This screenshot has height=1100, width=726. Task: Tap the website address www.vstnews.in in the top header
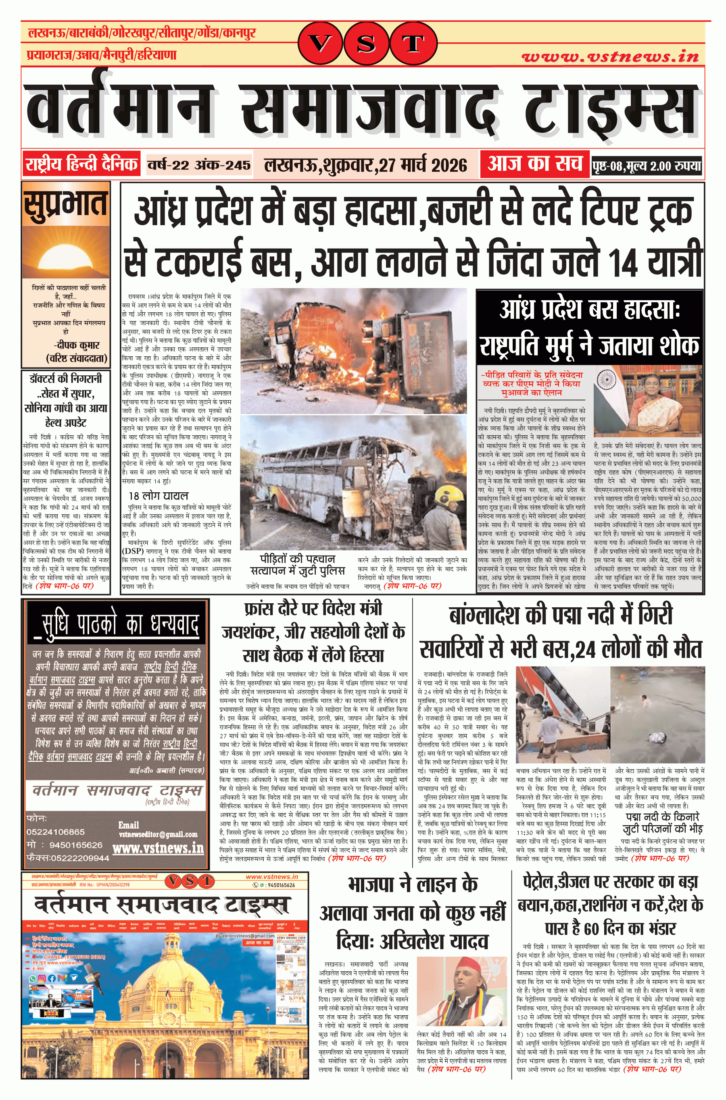(x=610, y=57)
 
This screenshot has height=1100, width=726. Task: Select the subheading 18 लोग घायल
(x=159, y=496)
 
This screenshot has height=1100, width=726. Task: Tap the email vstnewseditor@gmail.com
(x=158, y=834)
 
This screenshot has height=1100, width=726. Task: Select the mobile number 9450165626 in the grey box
(x=75, y=845)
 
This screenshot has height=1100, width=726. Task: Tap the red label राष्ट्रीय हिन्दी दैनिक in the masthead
(x=81, y=164)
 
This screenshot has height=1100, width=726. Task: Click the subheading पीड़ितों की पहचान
(x=298, y=559)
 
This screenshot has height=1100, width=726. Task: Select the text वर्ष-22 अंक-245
(x=199, y=165)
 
